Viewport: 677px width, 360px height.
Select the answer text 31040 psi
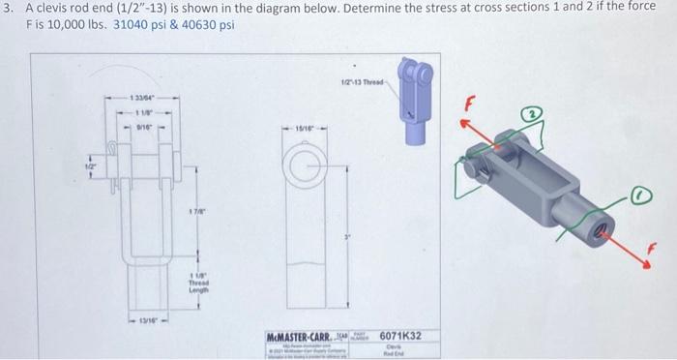pyautogui.click(x=140, y=24)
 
